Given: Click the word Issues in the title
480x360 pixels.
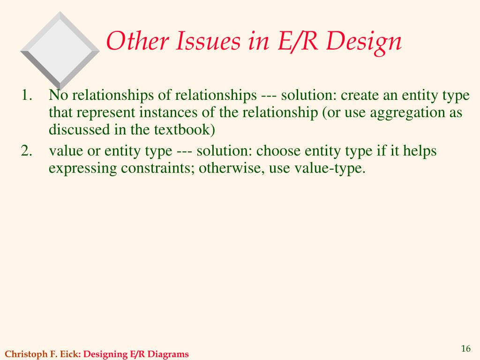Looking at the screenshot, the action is pos(208,41).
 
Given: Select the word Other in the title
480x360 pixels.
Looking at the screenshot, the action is pos(137,41).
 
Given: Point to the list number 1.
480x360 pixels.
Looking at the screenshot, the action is pos(27,95).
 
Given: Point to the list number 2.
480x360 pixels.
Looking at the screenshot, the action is pos(27,150).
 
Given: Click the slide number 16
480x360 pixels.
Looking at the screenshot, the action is pos(465,348).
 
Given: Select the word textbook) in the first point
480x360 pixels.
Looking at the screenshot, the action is pos(184,129).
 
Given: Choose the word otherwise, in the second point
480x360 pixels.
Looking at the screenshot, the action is pos(232,168).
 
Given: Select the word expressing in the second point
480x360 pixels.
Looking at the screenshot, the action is pos(82,169).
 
